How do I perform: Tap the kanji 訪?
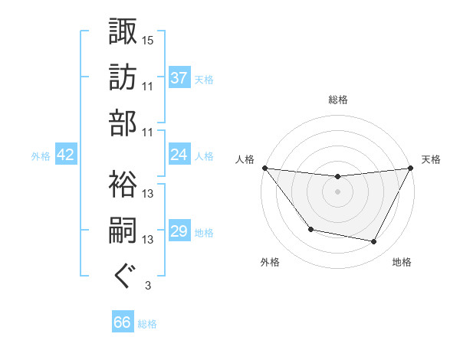[123, 77]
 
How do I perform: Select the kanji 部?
[123, 124]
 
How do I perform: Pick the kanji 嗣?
[123, 231]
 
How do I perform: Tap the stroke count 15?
[148, 40]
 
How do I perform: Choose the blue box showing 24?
[179, 154]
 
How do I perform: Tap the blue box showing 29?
[179, 231]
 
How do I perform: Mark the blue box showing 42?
[65, 155]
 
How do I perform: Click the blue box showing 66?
[123, 322]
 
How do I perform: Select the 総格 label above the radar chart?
[337, 100]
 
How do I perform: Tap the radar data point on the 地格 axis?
[374, 242]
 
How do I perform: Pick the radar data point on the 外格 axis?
[310, 229]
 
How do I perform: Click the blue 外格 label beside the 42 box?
[41, 155]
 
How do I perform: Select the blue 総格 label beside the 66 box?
[147, 324]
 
